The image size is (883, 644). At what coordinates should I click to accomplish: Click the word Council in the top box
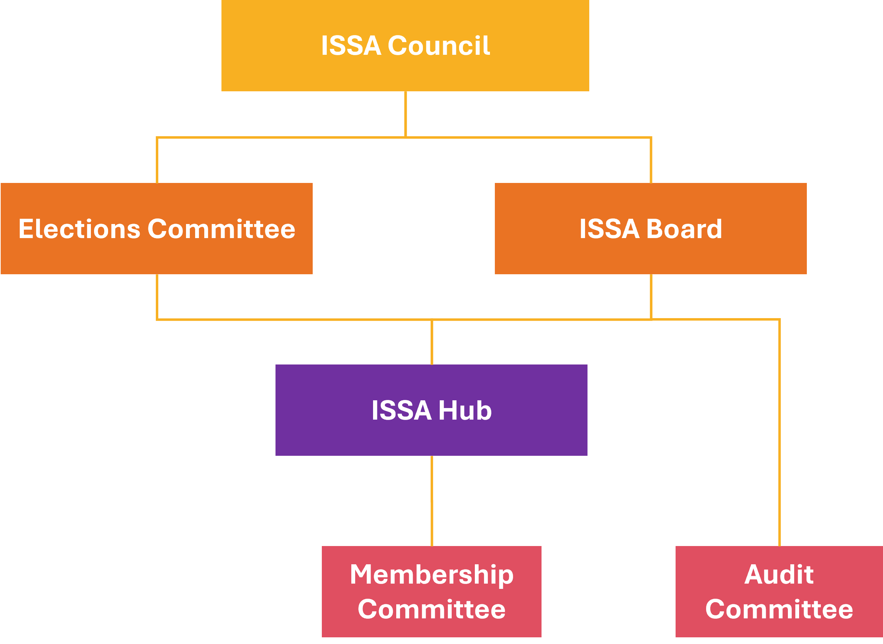pyautogui.click(x=439, y=46)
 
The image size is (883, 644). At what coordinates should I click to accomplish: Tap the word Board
pyautogui.click(x=684, y=229)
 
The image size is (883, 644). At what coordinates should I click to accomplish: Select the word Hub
pyautogui.click(x=465, y=410)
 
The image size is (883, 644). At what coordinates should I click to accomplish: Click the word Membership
pyautogui.click(x=432, y=575)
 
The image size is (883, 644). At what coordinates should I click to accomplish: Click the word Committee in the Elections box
pyautogui.click(x=221, y=229)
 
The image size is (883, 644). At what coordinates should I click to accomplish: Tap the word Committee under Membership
pyautogui.click(x=432, y=609)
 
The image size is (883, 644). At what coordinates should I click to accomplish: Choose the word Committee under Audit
pyautogui.click(x=779, y=609)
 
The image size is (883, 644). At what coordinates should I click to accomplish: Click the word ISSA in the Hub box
pyautogui.click(x=401, y=410)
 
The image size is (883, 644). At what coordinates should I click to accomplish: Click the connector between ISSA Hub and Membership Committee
pyautogui.click(x=432, y=501)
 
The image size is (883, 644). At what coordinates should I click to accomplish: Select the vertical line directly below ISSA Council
pyautogui.click(x=406, y=114)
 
